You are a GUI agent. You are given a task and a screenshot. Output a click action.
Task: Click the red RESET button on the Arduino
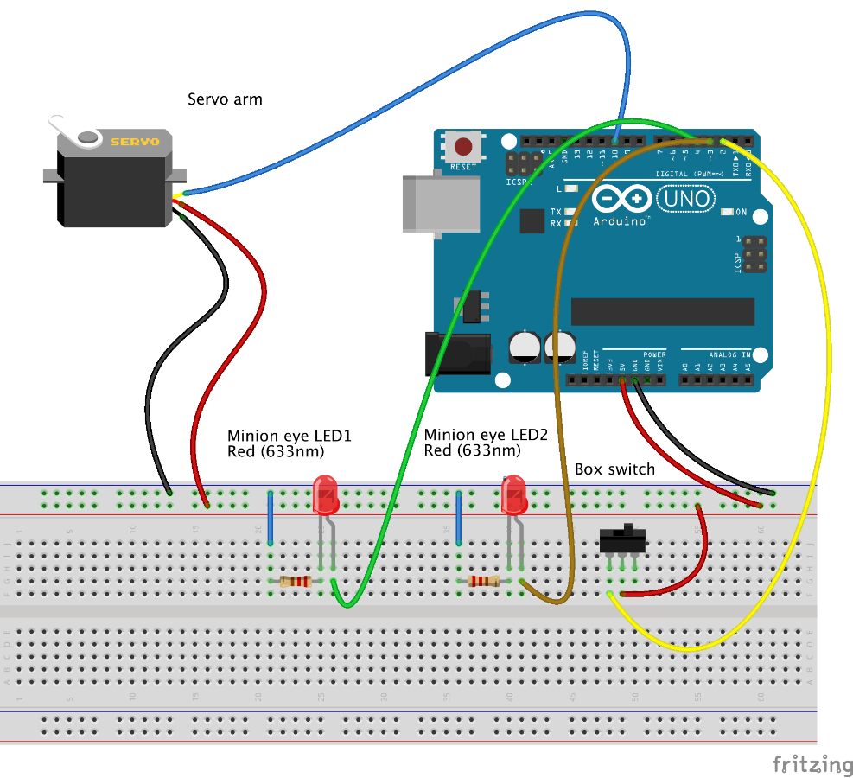pos(464,146)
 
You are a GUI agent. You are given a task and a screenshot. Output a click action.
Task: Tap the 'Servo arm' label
pos(225,99)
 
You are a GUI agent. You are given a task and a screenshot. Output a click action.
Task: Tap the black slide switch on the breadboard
pos(623,541)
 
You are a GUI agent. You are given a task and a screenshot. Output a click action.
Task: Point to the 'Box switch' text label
pos(614,469)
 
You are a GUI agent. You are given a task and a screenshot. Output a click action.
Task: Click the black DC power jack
pos(458,354)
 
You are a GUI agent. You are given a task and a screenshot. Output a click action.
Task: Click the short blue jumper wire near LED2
pos(458,519)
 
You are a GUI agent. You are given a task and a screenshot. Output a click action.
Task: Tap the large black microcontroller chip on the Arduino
pos(662,311)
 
